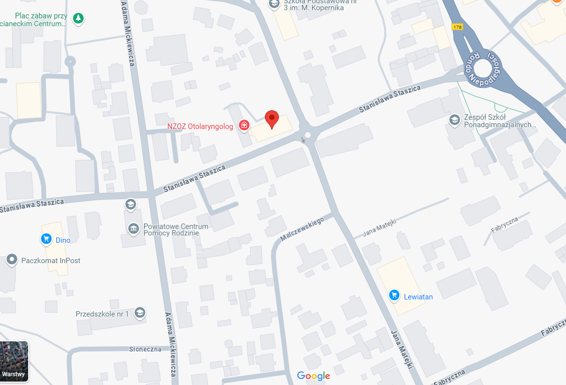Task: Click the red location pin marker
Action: [x=272, y=118]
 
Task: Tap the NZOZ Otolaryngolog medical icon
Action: [x=244, y=126]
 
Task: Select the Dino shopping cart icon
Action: [x=46, y=239]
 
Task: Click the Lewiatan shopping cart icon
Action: [x=394, y=295]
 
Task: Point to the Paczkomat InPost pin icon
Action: [x=12, y=260]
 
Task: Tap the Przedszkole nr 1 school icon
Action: [x=140, y=313]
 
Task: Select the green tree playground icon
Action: [x=78, y=18]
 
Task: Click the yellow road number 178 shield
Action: [x=457, y=27]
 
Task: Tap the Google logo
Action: [x=313, y=376]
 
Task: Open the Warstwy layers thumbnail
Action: [x=14, y=361]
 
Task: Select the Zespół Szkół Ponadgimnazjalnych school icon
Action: [x=454, y=119]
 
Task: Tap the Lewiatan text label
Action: [x=418, y=297]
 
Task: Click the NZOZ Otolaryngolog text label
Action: [x=200, y=126]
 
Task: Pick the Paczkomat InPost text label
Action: [x=51, y=261]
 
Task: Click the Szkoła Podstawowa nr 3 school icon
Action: [x=274, y=4]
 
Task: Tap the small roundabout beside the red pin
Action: [x=307, y=135]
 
